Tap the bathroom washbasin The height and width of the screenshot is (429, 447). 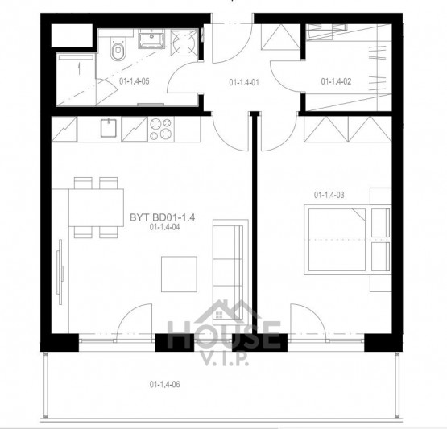[151, 39]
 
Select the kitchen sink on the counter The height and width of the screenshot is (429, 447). [109, 128]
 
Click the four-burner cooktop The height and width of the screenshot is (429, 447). [161, 129]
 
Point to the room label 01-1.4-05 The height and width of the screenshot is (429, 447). [134, 81]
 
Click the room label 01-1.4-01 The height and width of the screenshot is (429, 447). [244, 83]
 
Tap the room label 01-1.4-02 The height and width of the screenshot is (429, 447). [336, 81]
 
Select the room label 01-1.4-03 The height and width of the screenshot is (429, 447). [329, 195]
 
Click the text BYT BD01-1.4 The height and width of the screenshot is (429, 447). [163, 217]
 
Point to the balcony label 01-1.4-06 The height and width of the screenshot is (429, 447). [165, 384]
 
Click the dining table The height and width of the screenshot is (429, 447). [96, 208]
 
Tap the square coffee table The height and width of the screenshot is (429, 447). [179, 274]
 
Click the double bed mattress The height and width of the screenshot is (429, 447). [337, 240]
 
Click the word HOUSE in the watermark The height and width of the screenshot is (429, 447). [224, 335]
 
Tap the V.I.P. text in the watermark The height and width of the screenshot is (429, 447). [226, 360]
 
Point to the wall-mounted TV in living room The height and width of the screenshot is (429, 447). [60, 272]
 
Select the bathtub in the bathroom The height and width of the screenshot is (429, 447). [76, 79]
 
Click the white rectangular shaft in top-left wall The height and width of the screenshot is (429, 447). [72, 35]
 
